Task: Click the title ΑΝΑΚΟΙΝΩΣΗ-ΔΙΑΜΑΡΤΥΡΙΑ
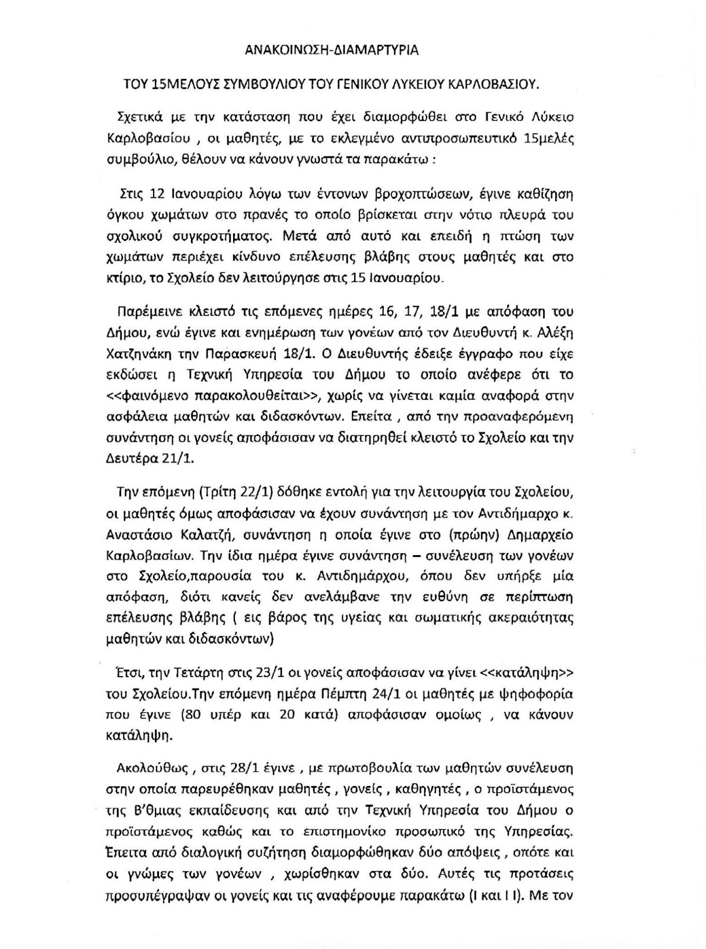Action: coord(332,50)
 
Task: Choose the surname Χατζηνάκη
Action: coord(144,354)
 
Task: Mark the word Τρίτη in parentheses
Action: coord(219,492)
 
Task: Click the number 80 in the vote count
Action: coord(190,715)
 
